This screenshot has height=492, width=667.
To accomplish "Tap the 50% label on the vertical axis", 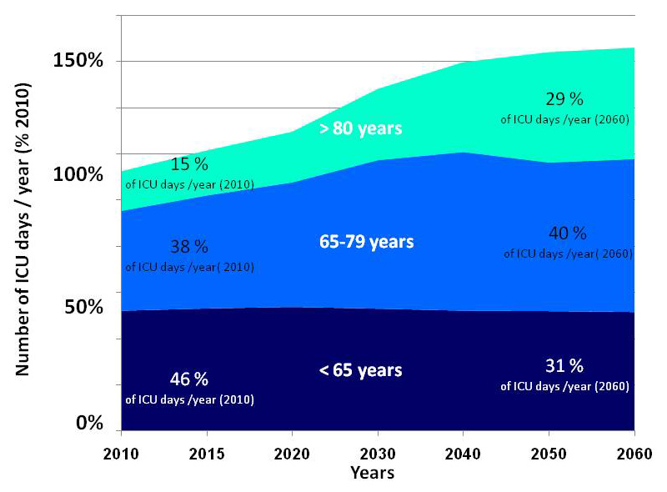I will coord(84,307).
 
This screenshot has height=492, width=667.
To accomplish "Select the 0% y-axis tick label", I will coord(89,424).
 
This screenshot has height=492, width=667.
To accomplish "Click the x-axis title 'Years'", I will coord(372,473).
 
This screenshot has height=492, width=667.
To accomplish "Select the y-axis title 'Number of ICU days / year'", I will coord(24,229).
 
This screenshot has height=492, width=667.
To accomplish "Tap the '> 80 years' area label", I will coord(361,129).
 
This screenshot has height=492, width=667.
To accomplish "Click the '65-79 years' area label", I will coord(366,242).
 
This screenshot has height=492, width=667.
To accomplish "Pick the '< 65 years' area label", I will coord(360,370).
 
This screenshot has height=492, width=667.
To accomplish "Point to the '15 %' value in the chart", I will coord(189,165).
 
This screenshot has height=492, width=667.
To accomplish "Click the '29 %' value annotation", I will coord(564,99).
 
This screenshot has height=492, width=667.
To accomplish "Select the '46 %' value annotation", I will coord(189,379).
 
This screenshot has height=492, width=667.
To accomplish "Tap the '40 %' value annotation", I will coord(568,233).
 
